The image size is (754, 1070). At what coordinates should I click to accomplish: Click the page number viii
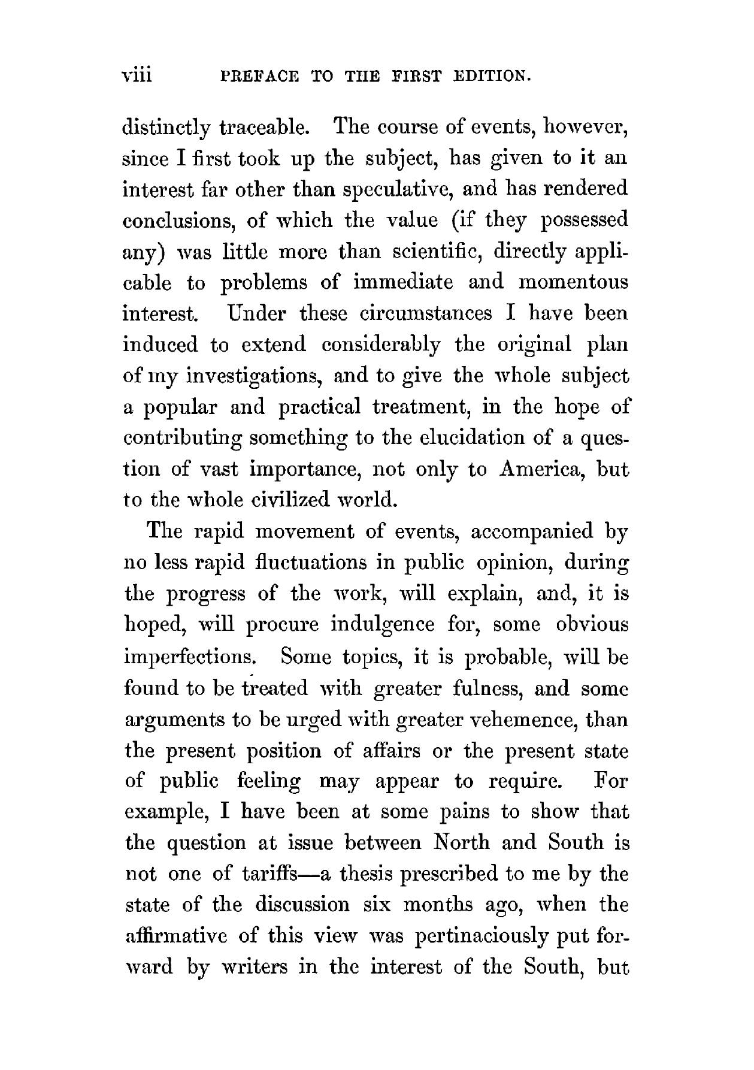pos(138,76)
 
